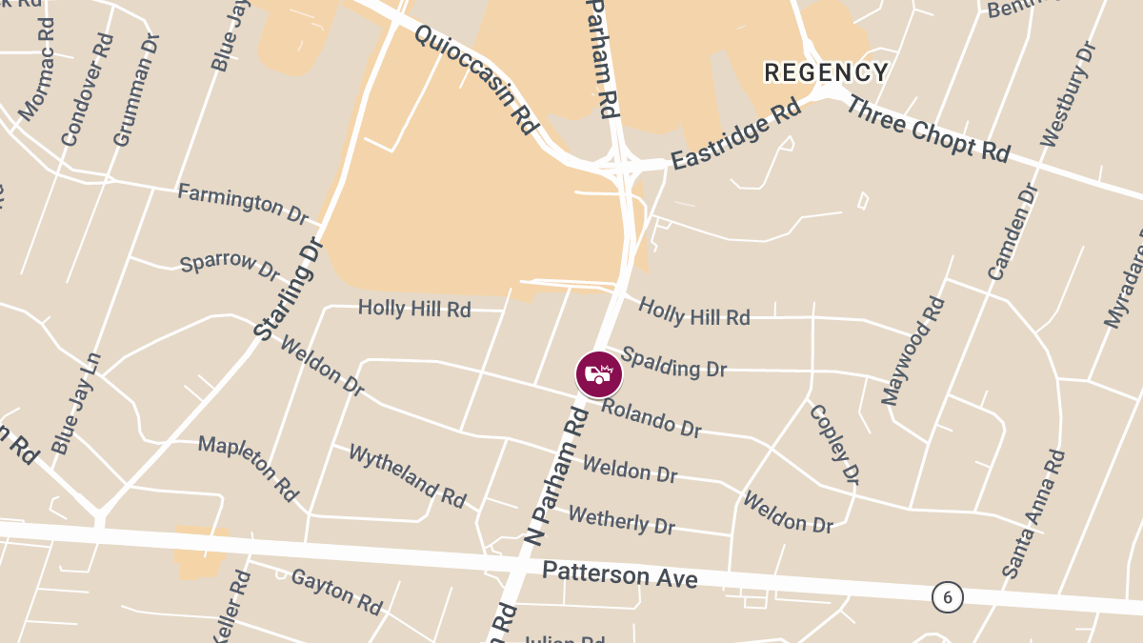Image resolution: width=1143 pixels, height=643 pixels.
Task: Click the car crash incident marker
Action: tap(599, 373)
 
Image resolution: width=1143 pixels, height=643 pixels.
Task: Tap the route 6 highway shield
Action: tap(947, 597)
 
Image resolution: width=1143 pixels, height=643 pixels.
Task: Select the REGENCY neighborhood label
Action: tap(827, 72)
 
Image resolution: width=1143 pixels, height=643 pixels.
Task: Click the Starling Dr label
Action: tap(291, 289)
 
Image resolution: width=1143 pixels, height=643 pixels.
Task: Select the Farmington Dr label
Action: tap(244, 203)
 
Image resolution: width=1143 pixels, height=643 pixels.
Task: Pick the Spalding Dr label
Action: tap(673, 362)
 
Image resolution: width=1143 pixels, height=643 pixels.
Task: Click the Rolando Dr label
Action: tap(652, 418)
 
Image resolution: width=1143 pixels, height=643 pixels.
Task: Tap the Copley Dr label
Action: tap(834, 443)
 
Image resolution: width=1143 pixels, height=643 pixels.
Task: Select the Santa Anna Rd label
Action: tap(1033, 514)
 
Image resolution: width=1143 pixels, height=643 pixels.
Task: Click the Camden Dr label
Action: tap(1012, 231)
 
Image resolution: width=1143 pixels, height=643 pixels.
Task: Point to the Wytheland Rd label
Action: tap(407, 475)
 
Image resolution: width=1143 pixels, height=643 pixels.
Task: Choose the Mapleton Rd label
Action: tap(249, 468)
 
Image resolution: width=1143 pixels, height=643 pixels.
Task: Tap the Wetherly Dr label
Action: tap(621, 520)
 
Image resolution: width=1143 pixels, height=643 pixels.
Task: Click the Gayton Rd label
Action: tap(336, 591)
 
